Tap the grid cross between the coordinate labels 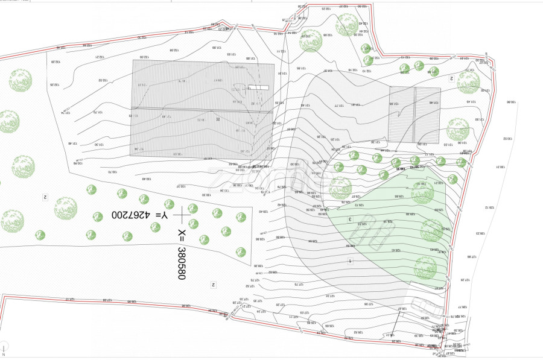[x=182, y=214]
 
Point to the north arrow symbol [x=4, y=350]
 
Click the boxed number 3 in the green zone [x=350, y=219]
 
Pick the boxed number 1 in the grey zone [x=350, y=261]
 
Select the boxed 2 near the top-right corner [x=451, y=78]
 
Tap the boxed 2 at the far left [x=45, y=197]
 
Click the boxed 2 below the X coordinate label [x=213, y=283]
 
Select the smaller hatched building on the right [x=414, y=115]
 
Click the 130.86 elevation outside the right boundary [x=512, y=103]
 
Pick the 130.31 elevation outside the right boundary [x=501, y=166]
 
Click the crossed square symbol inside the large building [x=218, y=119]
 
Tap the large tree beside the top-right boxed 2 [x=468, y=82]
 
